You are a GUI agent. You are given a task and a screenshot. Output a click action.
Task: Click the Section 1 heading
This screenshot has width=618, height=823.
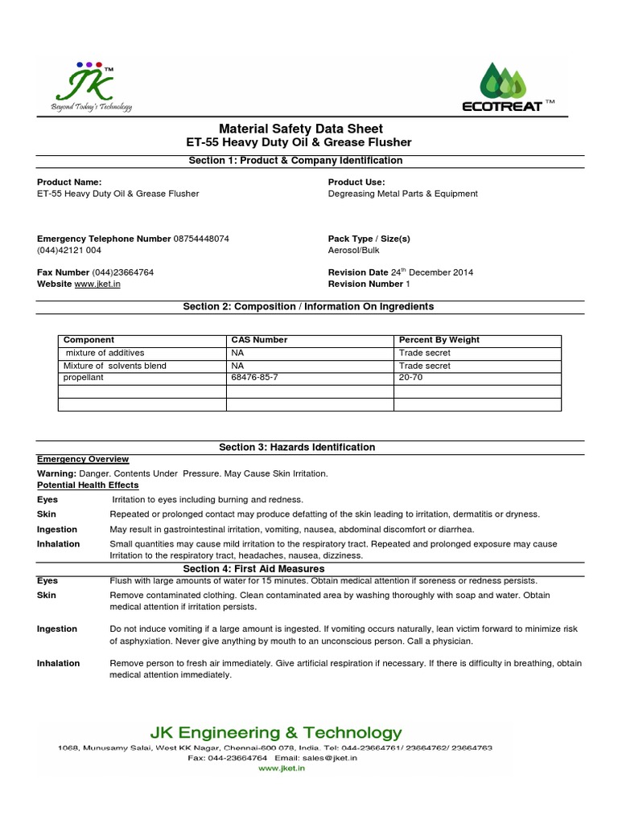(x=295, y=161)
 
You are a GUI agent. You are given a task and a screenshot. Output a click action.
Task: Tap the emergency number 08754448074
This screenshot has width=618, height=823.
(x=201, y=239)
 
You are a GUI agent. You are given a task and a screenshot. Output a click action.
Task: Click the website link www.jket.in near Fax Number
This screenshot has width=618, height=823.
(x=97, y=284)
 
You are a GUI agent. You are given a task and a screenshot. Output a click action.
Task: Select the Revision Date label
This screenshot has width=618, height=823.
(x=358, y=272)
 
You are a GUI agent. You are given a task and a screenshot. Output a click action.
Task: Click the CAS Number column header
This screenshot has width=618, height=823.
(x=259, y=340)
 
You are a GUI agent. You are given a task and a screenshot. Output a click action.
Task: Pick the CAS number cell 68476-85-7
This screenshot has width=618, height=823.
(x=259, y=377)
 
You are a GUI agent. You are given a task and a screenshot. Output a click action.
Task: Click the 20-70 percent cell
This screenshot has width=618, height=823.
(x=410, y=377)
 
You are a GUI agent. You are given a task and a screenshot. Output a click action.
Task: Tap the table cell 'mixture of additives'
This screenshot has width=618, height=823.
(x=105, y=353)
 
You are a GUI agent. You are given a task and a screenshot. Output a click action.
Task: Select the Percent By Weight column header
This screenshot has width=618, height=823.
(x=439, y=340)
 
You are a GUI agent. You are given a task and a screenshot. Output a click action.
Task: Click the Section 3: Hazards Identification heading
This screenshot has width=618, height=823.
(x=297, y=447)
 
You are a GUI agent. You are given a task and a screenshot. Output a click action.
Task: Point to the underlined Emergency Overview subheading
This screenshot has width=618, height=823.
(x=83, y=459)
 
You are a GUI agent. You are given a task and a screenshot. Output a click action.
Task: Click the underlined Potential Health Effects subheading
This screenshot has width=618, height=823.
(x=88, y=485)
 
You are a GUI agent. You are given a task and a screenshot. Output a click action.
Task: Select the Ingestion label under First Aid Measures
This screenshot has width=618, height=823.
(x=57, y=629)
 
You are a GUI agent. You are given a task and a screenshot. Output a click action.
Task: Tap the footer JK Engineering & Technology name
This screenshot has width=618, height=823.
(x=276, y=732)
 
